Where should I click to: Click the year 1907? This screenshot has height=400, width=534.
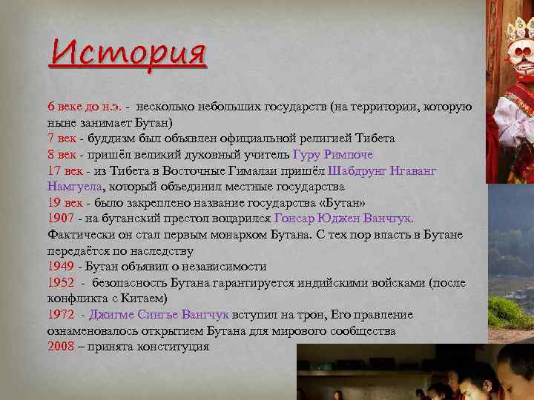point(60,219)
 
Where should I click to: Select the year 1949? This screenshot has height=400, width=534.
point(60,266)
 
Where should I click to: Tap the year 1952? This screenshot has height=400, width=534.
point(60,282)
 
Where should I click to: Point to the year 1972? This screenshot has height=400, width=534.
point(60,315)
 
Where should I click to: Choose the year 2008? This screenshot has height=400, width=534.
point(60,347)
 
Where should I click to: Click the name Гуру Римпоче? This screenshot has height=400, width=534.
point(333,154)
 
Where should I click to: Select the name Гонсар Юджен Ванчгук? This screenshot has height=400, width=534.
point(343,219)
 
